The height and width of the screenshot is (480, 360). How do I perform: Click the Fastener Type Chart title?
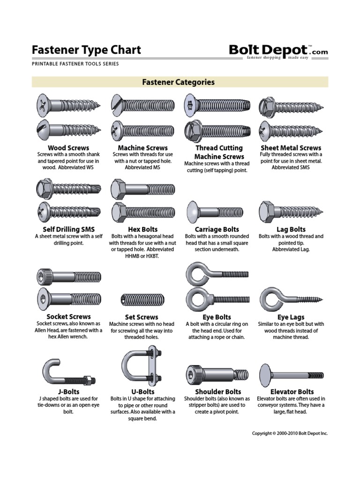coord(86,50)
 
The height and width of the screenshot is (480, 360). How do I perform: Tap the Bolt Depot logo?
coord(278,51)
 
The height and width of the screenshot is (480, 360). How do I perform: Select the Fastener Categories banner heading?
coord(178,82)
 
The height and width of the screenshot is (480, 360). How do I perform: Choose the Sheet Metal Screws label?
coord(291,148)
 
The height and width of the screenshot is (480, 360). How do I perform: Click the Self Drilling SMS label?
coord(68,229)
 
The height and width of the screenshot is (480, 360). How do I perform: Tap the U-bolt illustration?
coord(141,366)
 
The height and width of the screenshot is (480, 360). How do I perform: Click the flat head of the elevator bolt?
coord(265,374)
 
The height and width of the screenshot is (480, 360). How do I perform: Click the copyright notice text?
coord(290,434)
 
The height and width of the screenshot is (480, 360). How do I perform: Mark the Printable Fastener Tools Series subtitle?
coord(75,64)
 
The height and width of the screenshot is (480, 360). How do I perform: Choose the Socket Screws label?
coord(68,316)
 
